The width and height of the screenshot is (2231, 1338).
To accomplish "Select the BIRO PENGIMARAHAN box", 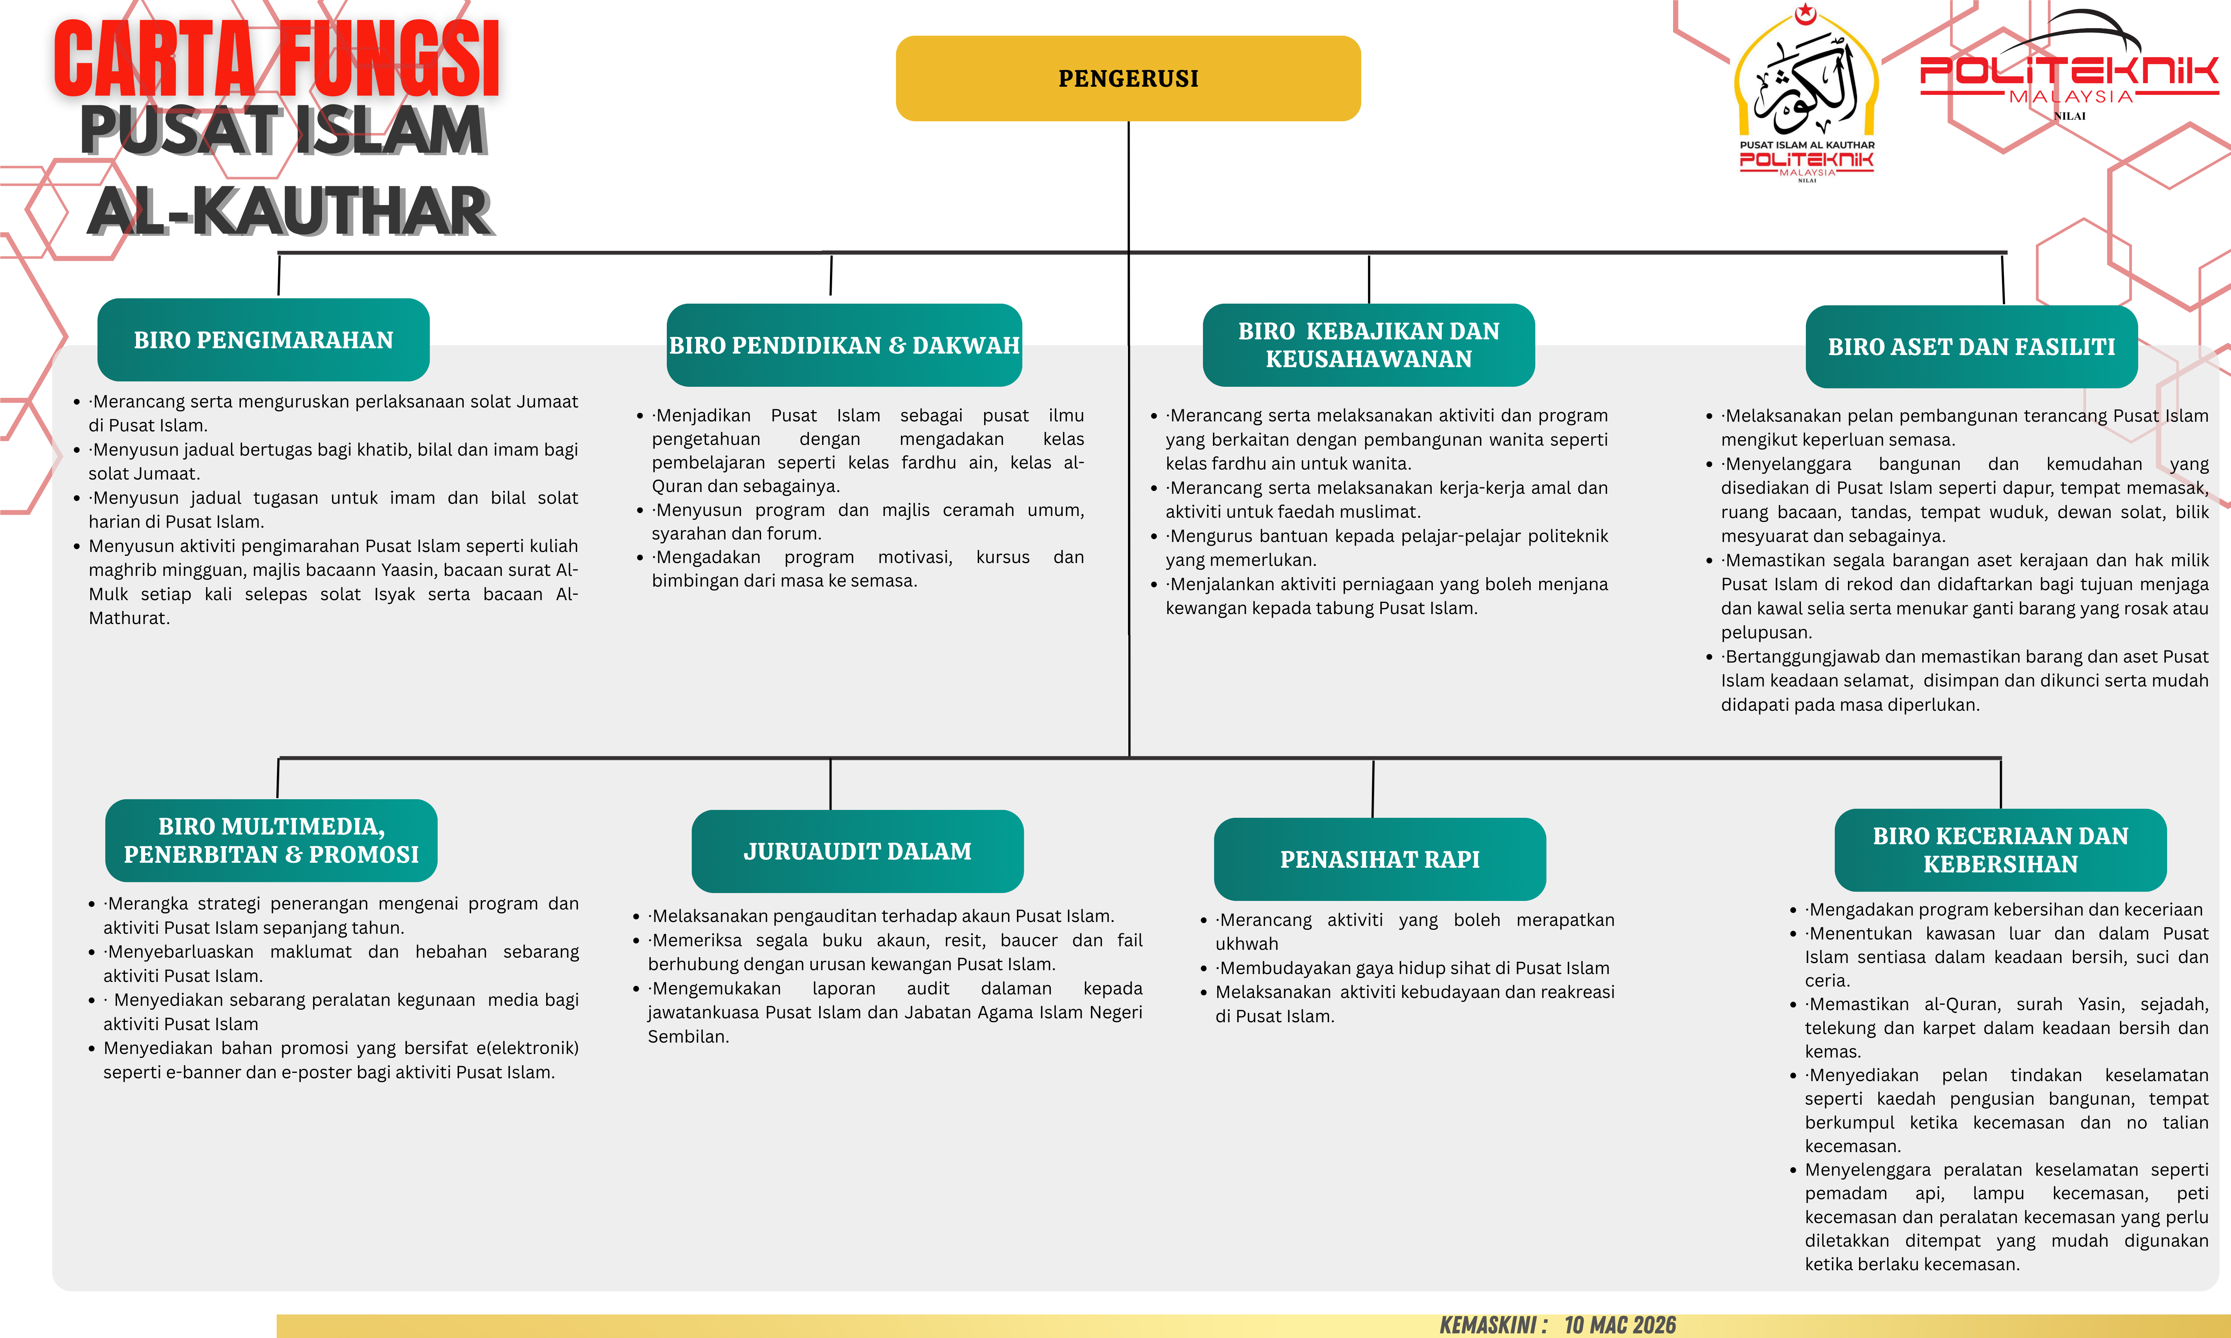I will tap(263, 340).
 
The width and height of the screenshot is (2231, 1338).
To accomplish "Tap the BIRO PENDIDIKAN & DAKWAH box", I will tap(844, 345).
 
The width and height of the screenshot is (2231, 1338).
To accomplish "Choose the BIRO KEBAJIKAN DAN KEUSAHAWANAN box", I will tap(1368, 345).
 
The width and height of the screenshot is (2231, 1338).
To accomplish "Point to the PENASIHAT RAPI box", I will tap(1380, 859).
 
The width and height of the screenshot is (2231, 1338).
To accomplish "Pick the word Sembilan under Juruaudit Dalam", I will tap(688, 1037).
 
